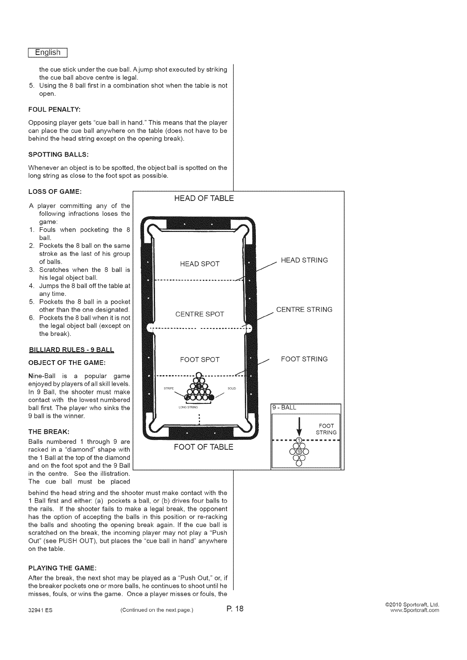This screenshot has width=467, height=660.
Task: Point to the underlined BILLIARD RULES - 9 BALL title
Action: coord(71,350)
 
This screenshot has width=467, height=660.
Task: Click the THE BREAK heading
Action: coord(49,431)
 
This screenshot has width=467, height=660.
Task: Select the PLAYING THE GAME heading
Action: coord(62,568)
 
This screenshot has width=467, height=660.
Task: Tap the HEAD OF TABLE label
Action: coord(204,198)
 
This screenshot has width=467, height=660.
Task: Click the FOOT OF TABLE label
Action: coord(203,447)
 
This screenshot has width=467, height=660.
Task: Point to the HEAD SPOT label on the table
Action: coord(200,264)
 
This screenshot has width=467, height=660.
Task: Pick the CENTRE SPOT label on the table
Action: coord(200,314)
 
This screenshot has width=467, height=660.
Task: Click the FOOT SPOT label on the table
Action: coord(200,360)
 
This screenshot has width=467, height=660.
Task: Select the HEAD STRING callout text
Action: coord(305,260)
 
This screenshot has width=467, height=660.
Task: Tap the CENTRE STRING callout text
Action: coord(304,310)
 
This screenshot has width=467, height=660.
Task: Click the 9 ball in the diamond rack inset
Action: coord(299,451)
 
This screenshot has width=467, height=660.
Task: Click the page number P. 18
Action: coord(235,609)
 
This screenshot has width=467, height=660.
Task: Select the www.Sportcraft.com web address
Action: coord(414,611)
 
